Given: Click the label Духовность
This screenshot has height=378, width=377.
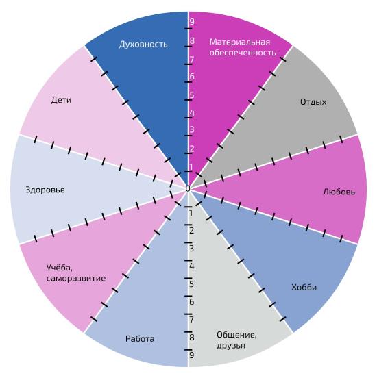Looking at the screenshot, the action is click(x=143, y=45).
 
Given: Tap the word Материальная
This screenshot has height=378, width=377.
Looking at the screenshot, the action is click(x=240, y=42).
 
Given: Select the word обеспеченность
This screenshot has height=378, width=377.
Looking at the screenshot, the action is click(x=243, y=53).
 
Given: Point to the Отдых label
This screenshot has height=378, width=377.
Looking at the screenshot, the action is click(x=313, y=102).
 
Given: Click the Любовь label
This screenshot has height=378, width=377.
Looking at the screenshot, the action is click(x=339, y=192).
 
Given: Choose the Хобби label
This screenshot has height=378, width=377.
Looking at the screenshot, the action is click(x=304, y=287).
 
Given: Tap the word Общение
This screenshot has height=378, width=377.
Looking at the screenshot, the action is click(x=236, y=335).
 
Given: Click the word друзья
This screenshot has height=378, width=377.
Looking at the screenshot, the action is click(x=231, y=346).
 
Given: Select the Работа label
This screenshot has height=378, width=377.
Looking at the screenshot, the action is click(x=140, y=339).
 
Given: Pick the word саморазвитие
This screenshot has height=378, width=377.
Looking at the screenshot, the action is click(x=76, y=279).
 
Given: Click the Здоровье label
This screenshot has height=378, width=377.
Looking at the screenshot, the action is click(x=45, y=190).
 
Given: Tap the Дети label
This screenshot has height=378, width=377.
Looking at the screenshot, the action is click(x=61, y=100).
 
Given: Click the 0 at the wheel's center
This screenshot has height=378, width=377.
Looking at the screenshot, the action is click(x=188, y=188).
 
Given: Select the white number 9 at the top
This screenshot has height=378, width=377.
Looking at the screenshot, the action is click(x=192, y=22).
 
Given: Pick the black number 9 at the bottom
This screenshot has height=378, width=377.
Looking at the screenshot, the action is click(x=192, y=355).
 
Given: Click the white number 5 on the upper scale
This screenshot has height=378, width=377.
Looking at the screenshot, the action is click(x=192, y=95).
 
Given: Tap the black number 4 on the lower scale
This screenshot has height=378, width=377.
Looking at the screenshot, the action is click(x=192, y=266).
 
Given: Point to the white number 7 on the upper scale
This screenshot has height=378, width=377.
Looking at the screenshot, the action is click(x=192, y=60).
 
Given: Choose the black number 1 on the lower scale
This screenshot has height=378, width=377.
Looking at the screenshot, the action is click(x=191, y=213).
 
